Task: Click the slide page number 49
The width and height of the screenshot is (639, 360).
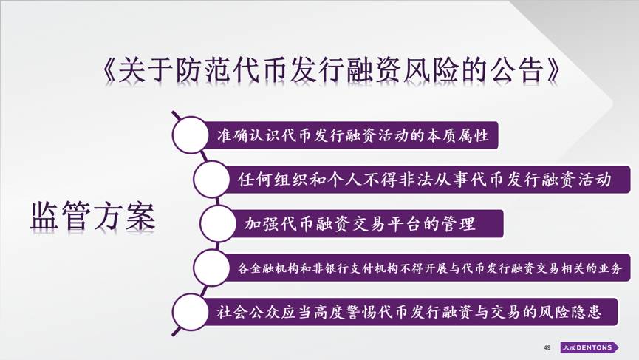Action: [x=547, y=347]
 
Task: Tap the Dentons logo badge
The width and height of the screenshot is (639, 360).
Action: [x=589, y=347]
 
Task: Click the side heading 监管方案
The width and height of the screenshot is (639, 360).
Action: [x=93, y=216]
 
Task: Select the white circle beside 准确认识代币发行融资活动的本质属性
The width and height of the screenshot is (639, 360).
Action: [x=190, y=135]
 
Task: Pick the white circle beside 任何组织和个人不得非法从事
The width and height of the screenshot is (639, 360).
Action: [x=211, y=180]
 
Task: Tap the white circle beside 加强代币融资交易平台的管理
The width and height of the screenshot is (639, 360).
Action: [x=218, y=223]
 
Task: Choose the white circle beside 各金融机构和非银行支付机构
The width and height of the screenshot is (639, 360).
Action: [x=211, y=268]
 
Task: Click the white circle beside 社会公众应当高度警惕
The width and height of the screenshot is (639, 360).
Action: [x=190, y=312]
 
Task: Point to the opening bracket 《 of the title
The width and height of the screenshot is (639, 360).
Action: [x=109, y=69]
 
